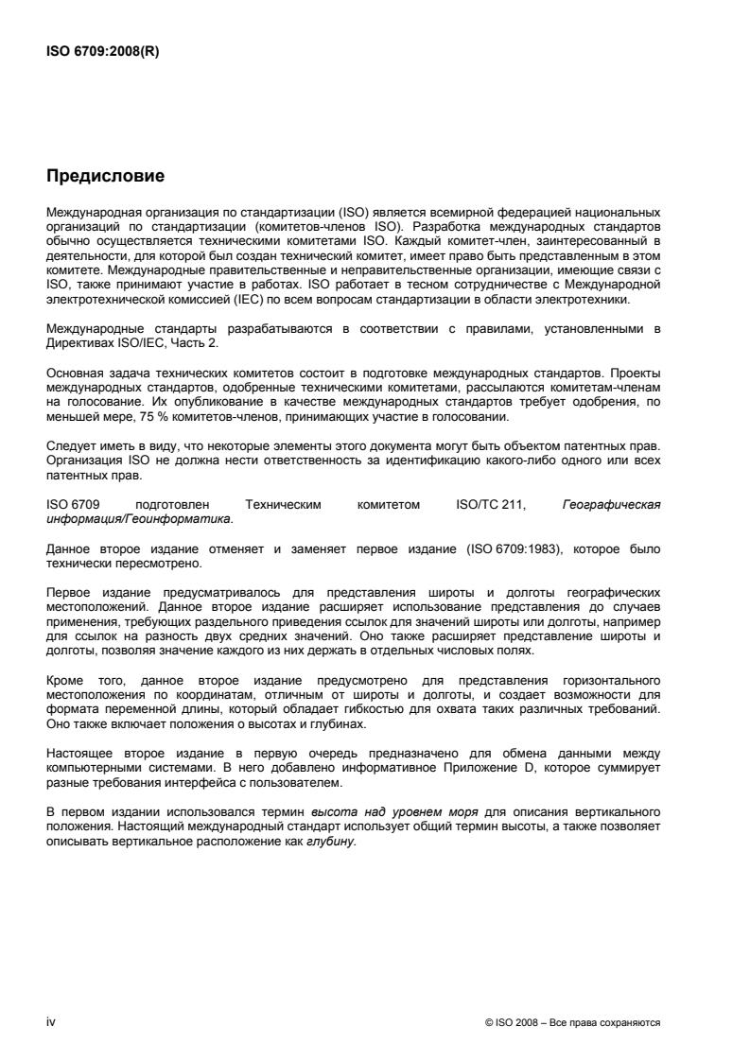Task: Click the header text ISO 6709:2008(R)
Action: [x=103, y=52]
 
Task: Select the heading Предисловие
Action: [x=106, y=176]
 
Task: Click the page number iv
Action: [x=51, y=1022]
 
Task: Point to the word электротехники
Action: [x=615, y=301]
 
